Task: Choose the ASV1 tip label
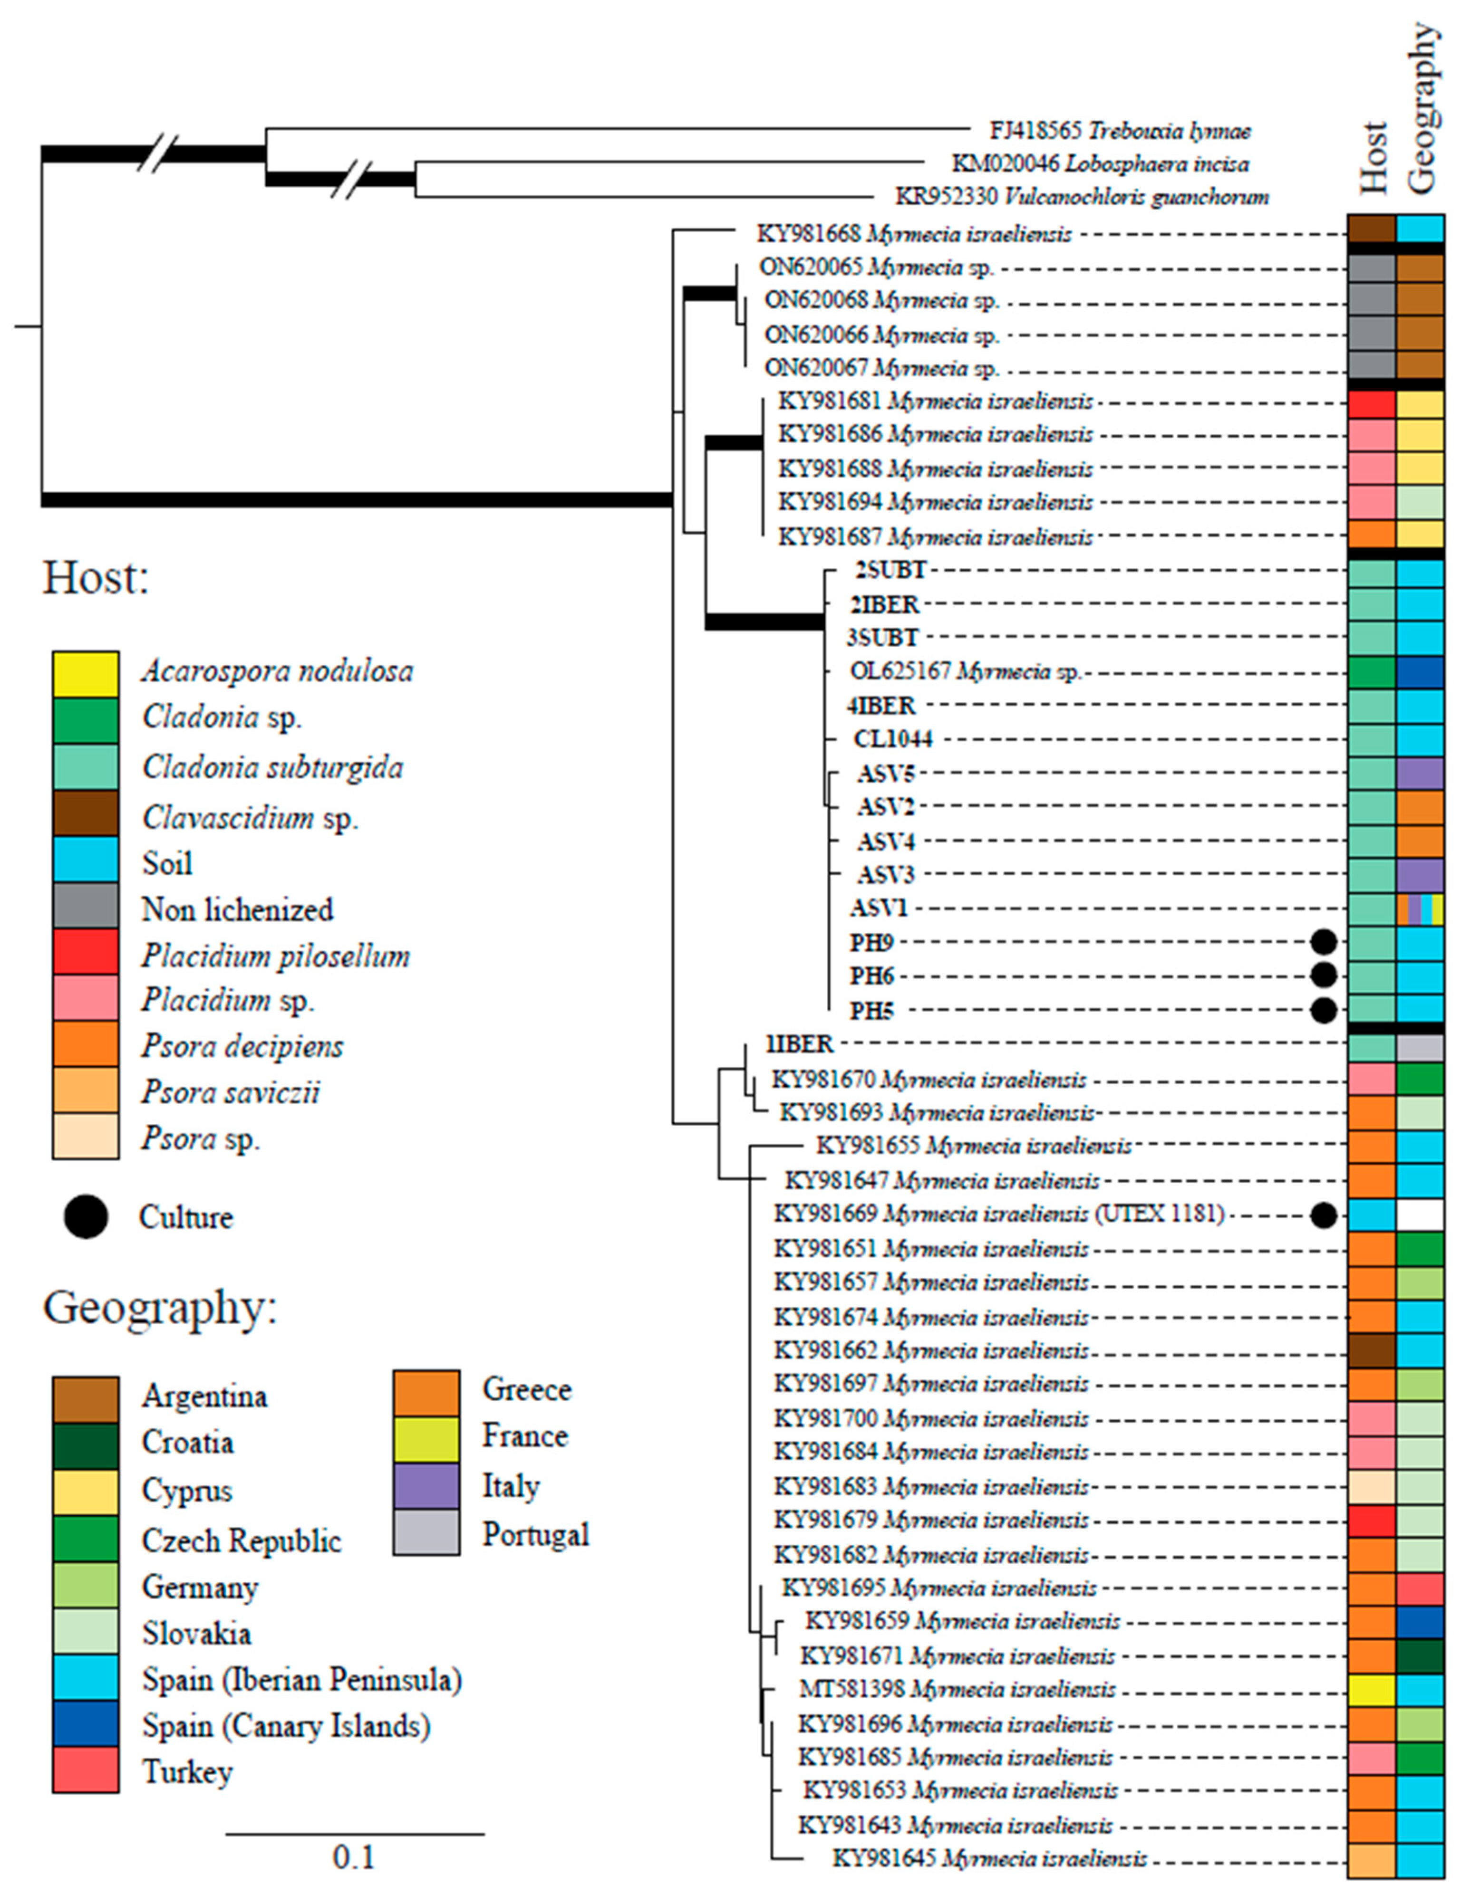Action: [x=878, y=908]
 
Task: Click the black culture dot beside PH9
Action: [x=1323, y=942]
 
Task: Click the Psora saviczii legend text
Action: [x=231, y=1092]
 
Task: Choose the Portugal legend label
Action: [x=535, y=1534]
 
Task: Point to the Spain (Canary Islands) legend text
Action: [x=286, y=1726]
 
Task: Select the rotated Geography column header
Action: [x=1423, y=108]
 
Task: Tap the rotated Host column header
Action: [x=1374, y=156]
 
